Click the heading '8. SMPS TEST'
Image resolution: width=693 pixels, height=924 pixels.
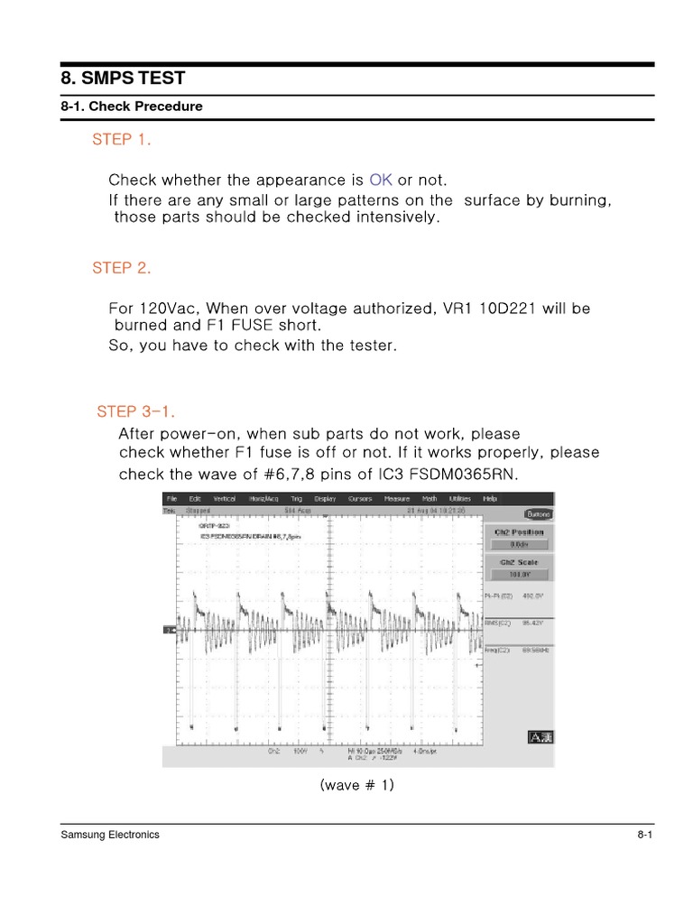coord(123,79)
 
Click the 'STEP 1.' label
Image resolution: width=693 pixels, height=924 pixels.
coord(122,140)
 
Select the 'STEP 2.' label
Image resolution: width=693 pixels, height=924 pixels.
coord(122,269)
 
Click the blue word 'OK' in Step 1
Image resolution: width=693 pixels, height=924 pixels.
coord(381,180)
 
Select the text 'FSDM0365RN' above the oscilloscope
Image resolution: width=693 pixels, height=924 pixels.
coord(473,475)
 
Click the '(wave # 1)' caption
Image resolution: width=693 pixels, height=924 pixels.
coord(357,786)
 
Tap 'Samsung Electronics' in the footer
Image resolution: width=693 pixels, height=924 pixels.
coord(110,835)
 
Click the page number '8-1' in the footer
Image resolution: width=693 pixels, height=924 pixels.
coord(644,835)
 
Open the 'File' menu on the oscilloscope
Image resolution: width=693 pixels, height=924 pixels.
coord(171,498)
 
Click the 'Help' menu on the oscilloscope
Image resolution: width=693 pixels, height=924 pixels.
coord(490,498)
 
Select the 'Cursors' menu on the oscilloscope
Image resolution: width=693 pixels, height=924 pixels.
coord(360,498)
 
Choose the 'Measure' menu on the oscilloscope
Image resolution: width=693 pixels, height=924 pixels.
coord(397,498)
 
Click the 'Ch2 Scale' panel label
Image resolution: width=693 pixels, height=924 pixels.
coord(517,561)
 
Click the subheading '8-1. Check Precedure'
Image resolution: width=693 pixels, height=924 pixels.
coord(132,106)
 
